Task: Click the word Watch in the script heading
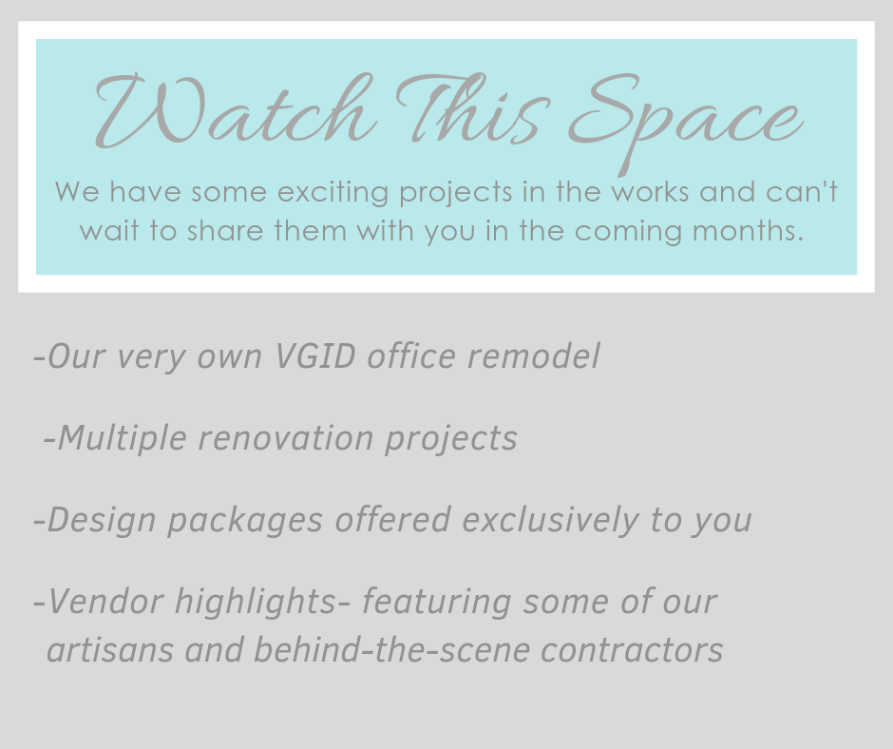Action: click(x=236, y=110)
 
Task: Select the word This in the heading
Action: click(x=474, y=108)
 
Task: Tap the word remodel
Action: click(x=534, y=356)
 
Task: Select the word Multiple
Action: click(x=122, y=439)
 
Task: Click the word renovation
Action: click(x=286, y=438)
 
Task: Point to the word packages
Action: click(x=245, y=521)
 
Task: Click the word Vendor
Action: click(x=106, y=602)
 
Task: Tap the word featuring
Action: click(x=437, y=603)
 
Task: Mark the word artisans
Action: click(x=110, y=650)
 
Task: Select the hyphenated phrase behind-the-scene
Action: click(x=391, y=650)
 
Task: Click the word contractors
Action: click(x=632, y=651)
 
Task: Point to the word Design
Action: click(x=102, y=521)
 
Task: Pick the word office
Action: click(x=411, y=356)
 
